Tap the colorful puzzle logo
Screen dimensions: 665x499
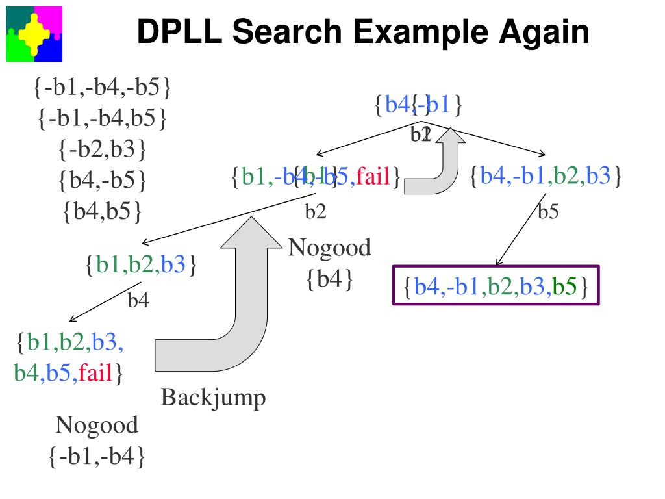point(34,34)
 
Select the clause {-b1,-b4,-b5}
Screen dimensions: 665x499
point(103,88)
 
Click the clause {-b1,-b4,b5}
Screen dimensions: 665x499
point(103,119)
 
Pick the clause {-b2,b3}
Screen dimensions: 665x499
point(103,150)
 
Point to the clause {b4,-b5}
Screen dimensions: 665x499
point(103,181)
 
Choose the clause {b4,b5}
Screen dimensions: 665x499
point(103,211)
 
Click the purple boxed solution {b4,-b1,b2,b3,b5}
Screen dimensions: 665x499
point(496,286)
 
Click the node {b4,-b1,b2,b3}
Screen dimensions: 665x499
point(546,175)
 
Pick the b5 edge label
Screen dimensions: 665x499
point(548,212)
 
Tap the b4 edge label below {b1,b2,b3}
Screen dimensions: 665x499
point(138,300)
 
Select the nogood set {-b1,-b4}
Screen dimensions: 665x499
point(97,456)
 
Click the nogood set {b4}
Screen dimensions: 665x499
point(329,279)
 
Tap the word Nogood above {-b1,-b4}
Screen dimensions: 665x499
point(97,426)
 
